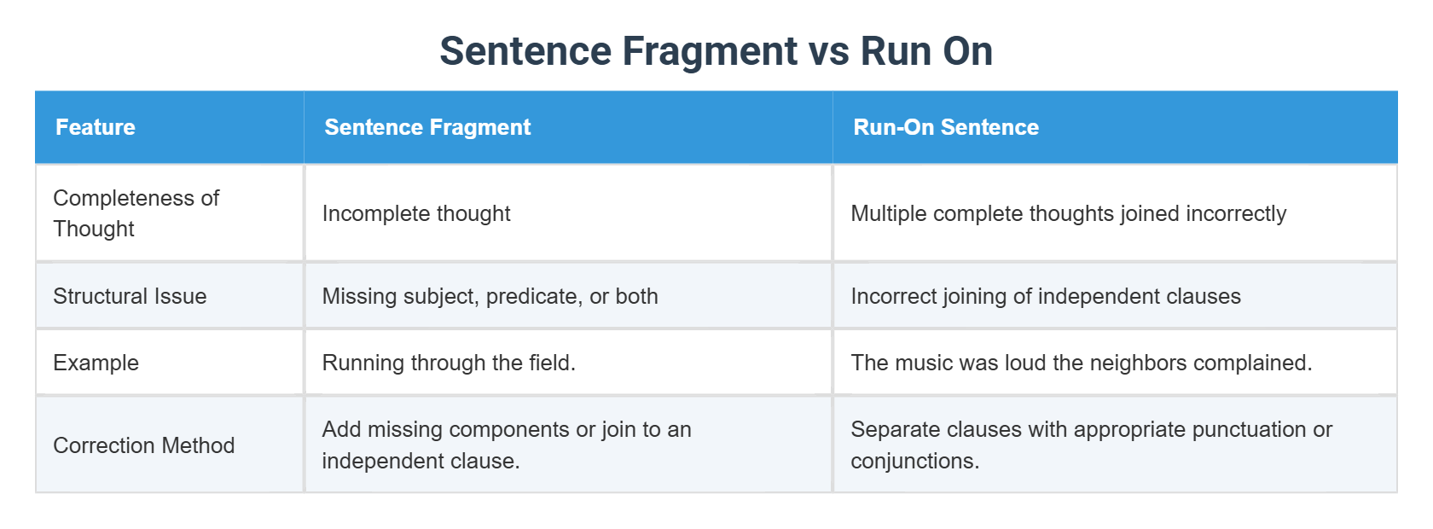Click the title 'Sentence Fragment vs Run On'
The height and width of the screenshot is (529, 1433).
(716, 51)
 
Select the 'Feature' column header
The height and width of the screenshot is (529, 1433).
(96, 127)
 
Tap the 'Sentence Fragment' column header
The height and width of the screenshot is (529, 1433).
(427, 127)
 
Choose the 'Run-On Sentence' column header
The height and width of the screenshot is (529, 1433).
(946, 127)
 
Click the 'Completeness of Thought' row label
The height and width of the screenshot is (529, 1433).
(136, 213)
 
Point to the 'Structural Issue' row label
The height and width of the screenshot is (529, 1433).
(130, 296)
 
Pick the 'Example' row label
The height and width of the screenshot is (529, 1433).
(96, 363)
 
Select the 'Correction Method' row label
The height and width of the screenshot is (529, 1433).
(143, 445)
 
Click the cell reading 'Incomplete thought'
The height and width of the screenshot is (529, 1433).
(416, 213)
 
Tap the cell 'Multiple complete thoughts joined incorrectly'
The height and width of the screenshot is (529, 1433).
(1068, 213)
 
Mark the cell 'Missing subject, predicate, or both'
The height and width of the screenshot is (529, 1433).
(490, 296)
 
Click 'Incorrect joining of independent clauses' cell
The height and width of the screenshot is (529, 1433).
(1046, 296)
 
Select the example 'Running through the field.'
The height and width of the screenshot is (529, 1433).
(449, 363)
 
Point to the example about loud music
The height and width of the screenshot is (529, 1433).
(1081, 363)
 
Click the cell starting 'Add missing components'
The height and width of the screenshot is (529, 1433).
(507, 445)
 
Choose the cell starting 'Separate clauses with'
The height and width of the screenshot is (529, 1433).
(1091, 445)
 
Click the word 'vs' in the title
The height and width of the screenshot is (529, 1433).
(828, 51)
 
